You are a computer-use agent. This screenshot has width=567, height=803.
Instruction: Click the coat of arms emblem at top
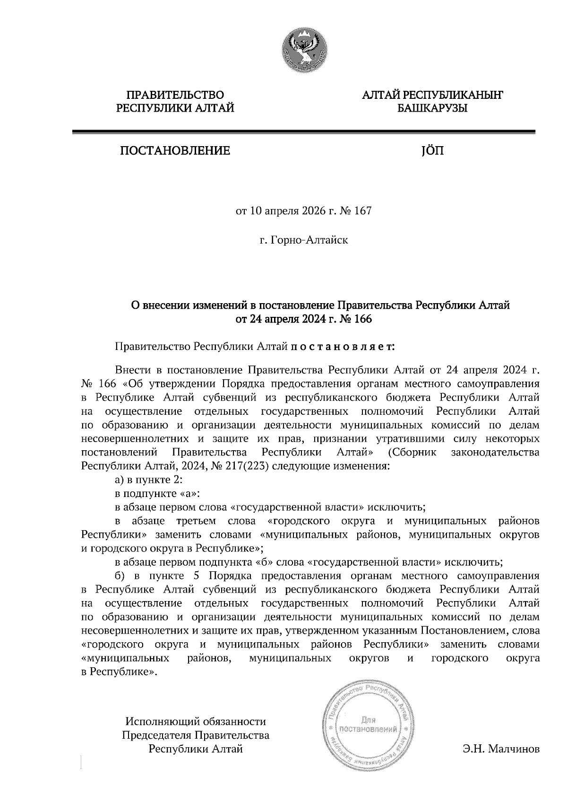pyautogui.click(x=304, y=49)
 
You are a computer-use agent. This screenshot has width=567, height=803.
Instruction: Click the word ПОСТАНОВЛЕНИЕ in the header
pyautogui.click(x=175, y=151)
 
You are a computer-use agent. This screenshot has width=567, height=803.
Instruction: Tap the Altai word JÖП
pyautogui.click(x=432, y=151)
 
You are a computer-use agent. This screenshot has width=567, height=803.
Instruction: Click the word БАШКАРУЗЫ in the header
pyautogui.click(x=432, y=109)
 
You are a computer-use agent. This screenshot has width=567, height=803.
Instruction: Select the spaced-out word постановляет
pyautogui.click(x=343, y=347)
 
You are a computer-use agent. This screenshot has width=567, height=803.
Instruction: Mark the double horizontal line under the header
pyautogui.click(x=303, y=133)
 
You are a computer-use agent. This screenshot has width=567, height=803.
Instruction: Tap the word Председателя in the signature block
pyautogui.click(x=156, y=735)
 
